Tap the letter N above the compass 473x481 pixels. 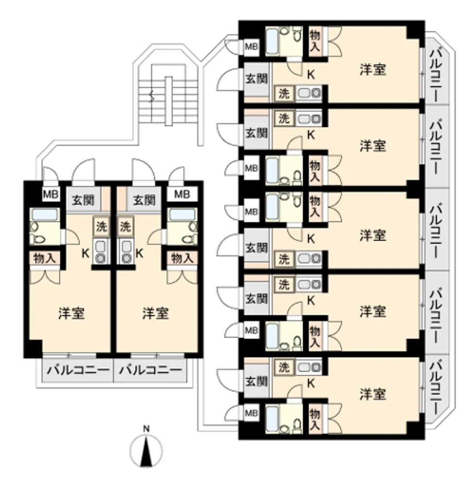pos(146,429)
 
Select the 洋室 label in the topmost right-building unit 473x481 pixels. pos(372,69)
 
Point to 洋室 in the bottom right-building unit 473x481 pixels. pos(372,394)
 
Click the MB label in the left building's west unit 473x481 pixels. pos(51,194)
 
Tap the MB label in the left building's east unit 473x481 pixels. pos(182,194)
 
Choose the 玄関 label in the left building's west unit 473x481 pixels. pos(83,200)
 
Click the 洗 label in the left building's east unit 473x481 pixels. pos(125,227)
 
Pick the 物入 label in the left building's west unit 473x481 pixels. pos(44,258)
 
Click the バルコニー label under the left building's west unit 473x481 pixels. pos(78,370)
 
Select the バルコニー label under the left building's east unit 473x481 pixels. pos(151,370)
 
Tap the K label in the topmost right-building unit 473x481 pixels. pos(311,75)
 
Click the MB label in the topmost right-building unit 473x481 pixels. pos(251,47)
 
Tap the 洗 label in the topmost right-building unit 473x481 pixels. pos(284,93)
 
